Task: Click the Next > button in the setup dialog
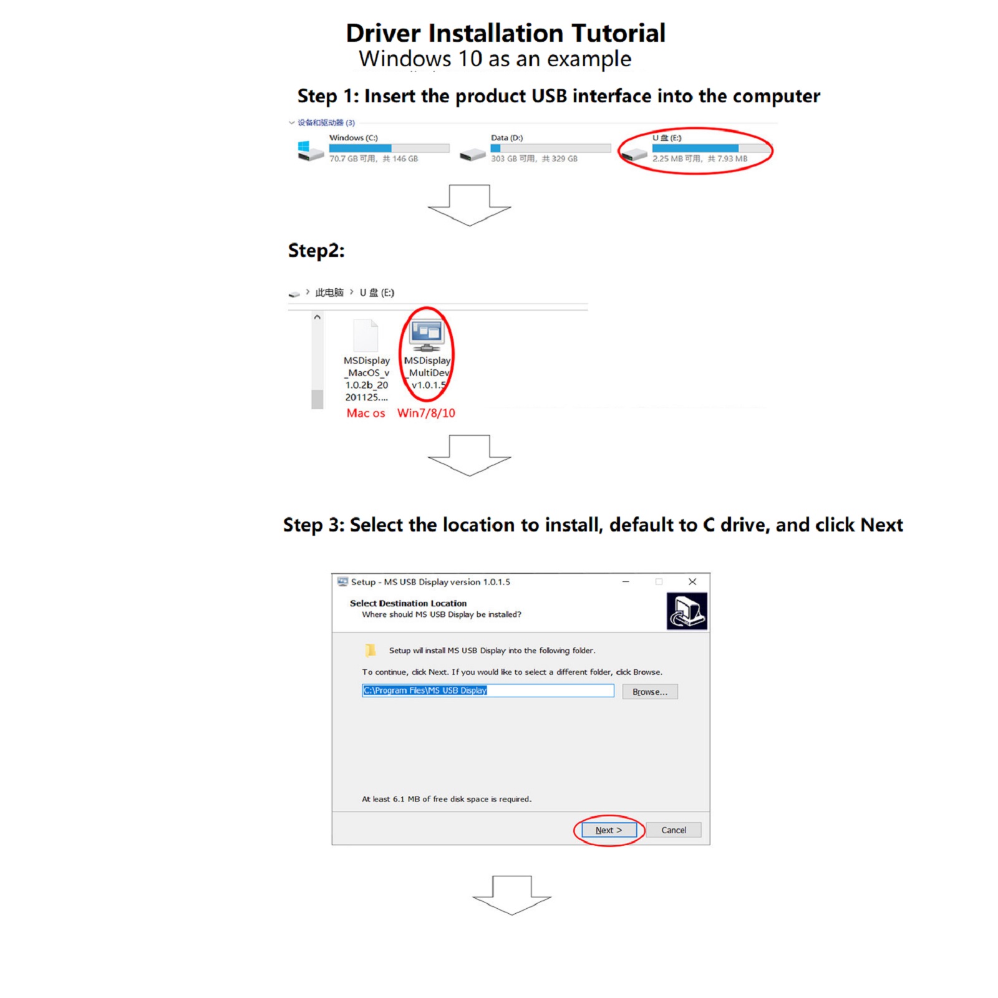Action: point(609,830)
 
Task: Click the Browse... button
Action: point(649,692)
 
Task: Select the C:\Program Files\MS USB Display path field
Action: point(488,690)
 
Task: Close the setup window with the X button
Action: point(692,581)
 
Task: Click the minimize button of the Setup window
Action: point(626,581)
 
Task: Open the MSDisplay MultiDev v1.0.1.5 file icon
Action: point(427,335)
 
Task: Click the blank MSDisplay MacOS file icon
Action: point(366,336)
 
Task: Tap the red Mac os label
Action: point(366,413)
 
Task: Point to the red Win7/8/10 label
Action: point(426,413)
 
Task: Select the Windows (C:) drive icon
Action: point(311,151)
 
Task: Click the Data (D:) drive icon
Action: point(473,154)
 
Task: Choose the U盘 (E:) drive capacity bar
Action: point(710,148)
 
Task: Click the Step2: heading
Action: point(316,251)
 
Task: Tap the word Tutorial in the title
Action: point(618,33)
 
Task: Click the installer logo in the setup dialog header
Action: point(687,611)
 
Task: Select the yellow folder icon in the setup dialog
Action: point(371,650)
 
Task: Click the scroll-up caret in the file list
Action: point(317,317)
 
